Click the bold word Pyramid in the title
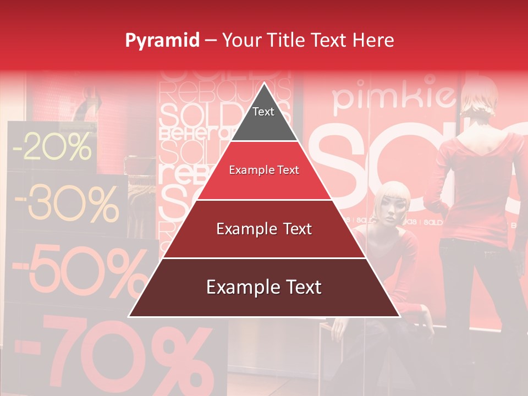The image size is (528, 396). coord(162,41)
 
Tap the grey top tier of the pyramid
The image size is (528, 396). coord(263,118)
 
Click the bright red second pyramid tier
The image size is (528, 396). coord(264,170)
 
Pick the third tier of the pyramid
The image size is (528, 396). coord(264,229)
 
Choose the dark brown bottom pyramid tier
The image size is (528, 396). coord(264,288)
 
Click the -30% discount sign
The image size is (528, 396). coord(66,205)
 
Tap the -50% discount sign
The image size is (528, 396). coord(77,269)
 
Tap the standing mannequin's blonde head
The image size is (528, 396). coord(480,99)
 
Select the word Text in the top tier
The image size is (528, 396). coord(263,112)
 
